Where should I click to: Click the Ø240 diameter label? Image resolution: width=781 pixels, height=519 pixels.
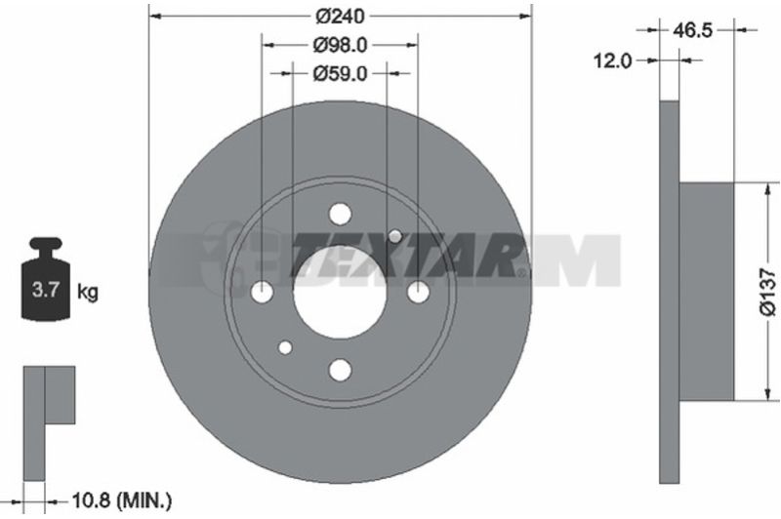tap(340, 17)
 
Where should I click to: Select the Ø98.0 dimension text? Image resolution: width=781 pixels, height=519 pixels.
tap(340, 45)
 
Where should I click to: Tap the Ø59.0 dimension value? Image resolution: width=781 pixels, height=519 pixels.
tap(340, 73)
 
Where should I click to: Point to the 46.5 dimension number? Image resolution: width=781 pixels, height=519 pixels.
tap(693, 31)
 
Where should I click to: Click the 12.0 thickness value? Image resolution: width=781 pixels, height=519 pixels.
tap(613, 61)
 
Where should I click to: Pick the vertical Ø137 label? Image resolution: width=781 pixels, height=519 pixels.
tap(768, 292)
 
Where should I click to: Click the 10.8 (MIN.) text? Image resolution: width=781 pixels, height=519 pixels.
tap(122, 500)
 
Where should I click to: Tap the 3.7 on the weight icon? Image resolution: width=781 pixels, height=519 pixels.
tap(46, 290)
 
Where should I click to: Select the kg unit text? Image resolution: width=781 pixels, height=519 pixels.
tap(88, 292)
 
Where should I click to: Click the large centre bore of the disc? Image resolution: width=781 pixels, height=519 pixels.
tap(340, 293)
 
